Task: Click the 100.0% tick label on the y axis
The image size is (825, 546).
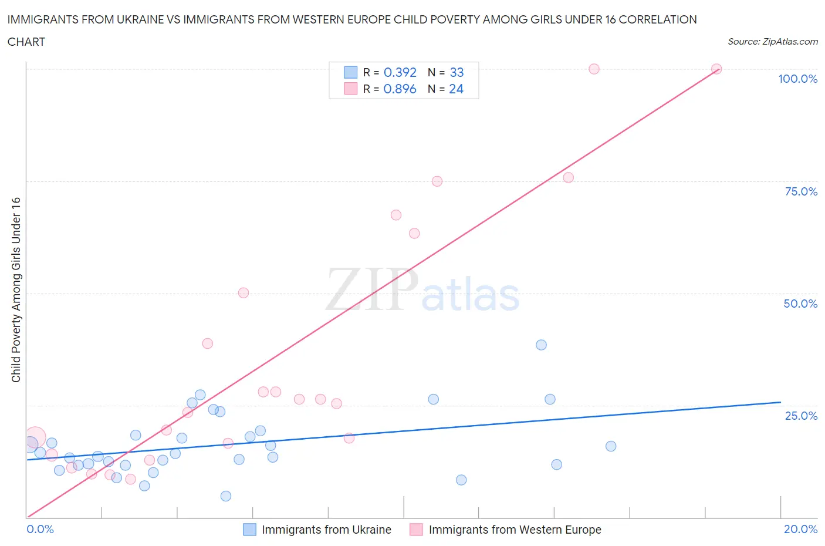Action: tap(797, 79)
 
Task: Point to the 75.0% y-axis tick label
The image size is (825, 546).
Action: tap(800, 191)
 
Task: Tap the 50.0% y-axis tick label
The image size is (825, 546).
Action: tap(800, 304)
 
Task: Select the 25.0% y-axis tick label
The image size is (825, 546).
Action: tap(800, 416)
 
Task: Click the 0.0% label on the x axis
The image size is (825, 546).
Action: tap(40, 529)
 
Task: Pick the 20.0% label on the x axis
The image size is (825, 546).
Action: tap(800, 529)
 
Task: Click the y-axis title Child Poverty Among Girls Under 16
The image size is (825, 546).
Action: tap(16, 289)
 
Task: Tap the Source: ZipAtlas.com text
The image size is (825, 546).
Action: tap(772, 41)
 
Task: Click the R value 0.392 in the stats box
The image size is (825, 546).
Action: tap(400, 72)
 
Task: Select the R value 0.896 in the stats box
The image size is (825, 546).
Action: tap(400, 89)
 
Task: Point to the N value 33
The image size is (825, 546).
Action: tap(457, 72)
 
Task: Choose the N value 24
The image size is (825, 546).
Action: tap(456, 89)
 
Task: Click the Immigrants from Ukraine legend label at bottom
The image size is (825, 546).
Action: tap(326, 530)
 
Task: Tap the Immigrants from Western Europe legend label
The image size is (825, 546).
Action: tap(515, 530)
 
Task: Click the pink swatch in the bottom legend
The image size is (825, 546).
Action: tap(416, 530)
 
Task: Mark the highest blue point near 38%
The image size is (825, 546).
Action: tap(541, 345)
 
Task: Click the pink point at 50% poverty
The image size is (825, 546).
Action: tap(244, 292)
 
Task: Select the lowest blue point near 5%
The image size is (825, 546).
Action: tap(226, 496)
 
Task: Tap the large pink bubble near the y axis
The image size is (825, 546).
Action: tap(35, 437)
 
